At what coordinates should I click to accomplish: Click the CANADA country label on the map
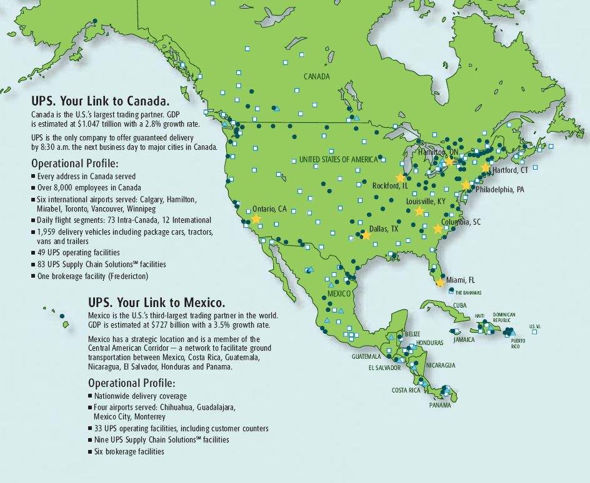pos(316,76)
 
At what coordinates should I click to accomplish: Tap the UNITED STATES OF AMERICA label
pos(338,160)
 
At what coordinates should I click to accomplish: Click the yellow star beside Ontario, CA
pos(256,219)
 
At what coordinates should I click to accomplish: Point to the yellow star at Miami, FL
pos(440,283)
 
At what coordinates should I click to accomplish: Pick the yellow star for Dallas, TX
pos(366,235)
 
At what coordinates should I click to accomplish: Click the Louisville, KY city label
pos(426,202)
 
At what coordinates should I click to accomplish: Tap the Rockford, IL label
pos(390,186)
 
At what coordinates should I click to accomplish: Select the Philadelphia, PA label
pos(498,190)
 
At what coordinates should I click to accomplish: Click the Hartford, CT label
pos(510,170)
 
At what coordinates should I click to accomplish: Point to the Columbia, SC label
pos(461,222)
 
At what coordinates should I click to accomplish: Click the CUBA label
pos(461,305)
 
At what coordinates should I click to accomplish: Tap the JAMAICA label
pos(464,340)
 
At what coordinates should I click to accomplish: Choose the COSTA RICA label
pos(406,390)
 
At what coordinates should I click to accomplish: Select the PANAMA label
pos(440,405)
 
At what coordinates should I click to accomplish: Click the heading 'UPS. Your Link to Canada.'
pos(101,100)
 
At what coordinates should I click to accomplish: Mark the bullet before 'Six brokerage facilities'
pos(91,452)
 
